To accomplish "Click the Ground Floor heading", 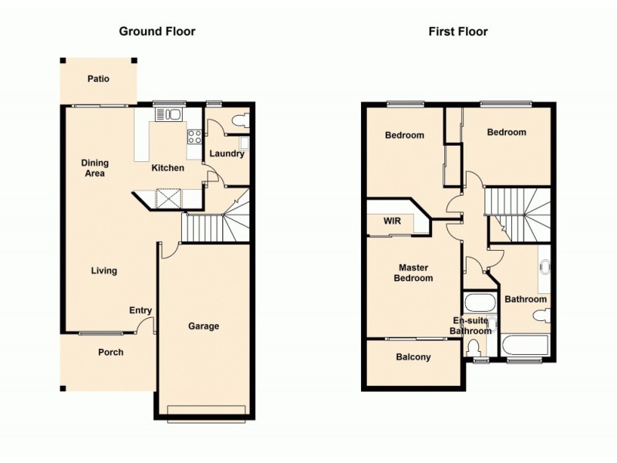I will pos(157,32).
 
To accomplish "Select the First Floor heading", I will pos(458,32).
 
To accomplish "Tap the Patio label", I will pos(98,79).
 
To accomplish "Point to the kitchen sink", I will pos(168,116).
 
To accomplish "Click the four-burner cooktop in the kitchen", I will pos(194,137).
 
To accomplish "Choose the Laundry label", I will pos(227,154).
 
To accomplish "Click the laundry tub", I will pos(244,143).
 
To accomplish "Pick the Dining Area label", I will pos(96,168).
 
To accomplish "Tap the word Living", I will pos(104,271).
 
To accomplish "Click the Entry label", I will pos(140,310).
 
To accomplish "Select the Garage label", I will pos(204,326).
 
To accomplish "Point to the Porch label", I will pos(110,353).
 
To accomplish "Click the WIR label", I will pos(392,221).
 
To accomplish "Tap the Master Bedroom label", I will pos(413,273).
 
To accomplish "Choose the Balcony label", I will pos(413,357).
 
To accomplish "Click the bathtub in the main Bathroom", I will pos(526,345).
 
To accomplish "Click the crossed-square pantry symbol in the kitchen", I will pos(167,199).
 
